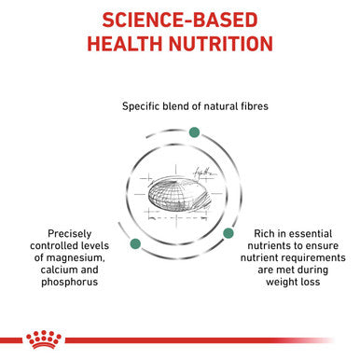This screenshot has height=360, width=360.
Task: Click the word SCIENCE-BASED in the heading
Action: point(180,20)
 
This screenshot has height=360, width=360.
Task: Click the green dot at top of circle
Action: point(195,130)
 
